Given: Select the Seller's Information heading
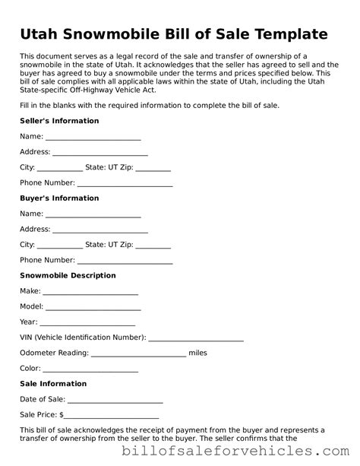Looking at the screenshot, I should click(59, 121).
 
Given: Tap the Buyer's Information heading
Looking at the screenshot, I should click(59, 198).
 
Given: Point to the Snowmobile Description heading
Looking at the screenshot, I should click(68, 275).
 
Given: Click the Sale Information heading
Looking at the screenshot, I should click(53, 384).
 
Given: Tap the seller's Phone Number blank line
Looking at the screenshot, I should click(125, 185).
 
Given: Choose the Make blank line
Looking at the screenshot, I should click(90, 293).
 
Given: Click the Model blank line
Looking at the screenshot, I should click(93, 309).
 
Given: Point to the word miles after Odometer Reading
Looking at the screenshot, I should click(197, 353).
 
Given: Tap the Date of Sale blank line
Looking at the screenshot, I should click(115, 401).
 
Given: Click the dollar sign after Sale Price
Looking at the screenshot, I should click(62, 416).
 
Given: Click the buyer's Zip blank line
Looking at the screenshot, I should click(153, 247).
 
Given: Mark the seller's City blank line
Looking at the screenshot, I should click(60, 170).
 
